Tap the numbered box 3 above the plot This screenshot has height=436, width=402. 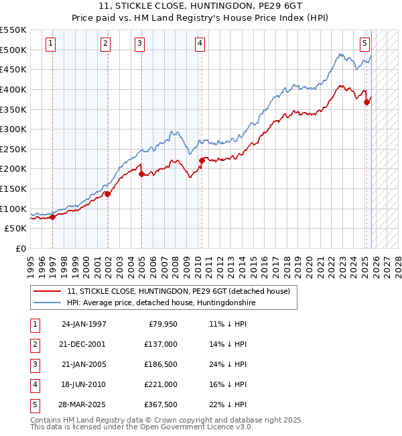pos(139,44)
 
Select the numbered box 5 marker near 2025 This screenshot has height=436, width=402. pos(364,44)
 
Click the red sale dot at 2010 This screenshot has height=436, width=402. pos(202,160)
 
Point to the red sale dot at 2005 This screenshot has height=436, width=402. pos(142,174)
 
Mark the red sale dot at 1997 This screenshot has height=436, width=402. pos(53,216)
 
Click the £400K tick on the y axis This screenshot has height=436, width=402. pos(13,89)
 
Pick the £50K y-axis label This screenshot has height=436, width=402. pos(15,229)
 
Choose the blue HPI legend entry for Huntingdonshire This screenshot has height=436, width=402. pos(161,303)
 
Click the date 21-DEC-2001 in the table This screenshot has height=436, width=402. pos(83,344)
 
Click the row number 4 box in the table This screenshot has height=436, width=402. pos(34,384)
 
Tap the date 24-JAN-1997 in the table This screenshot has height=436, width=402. pos(83,324)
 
